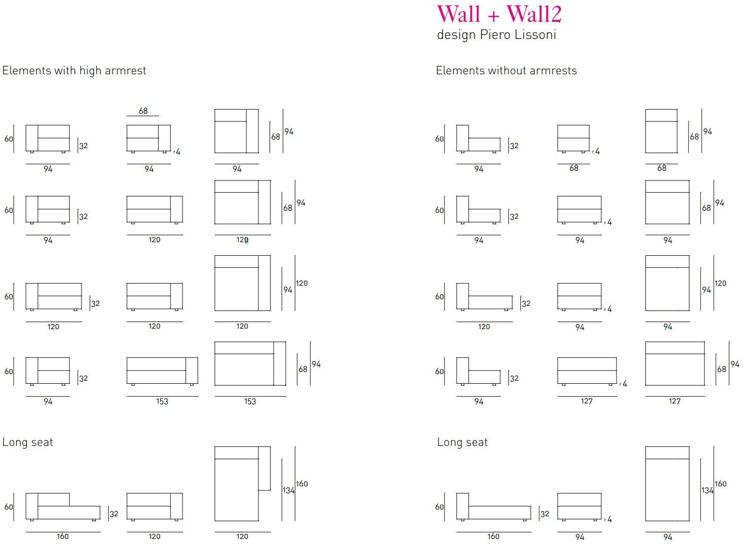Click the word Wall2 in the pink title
click(534, 14)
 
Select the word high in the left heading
click(91, 71)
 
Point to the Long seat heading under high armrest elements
click(27, 442)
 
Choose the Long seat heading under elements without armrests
click(462, 442)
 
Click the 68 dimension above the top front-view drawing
click(143, 111)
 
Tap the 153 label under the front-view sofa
click(162, 401)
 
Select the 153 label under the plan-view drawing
click(250, 401)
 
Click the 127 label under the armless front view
click(586, 401)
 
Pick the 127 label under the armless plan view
click(674, 401)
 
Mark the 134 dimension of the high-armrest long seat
click(288, 490)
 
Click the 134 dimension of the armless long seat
click(707, 490)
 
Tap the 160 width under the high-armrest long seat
click(63, 536)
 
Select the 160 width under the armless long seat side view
click(493, 536)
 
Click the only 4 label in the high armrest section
click(178, 152)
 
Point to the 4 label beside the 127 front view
click(625, 384)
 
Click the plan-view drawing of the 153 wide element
click(250, 364)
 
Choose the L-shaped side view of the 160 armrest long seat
click(63, 506)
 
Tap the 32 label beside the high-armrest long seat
click(114, 514)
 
